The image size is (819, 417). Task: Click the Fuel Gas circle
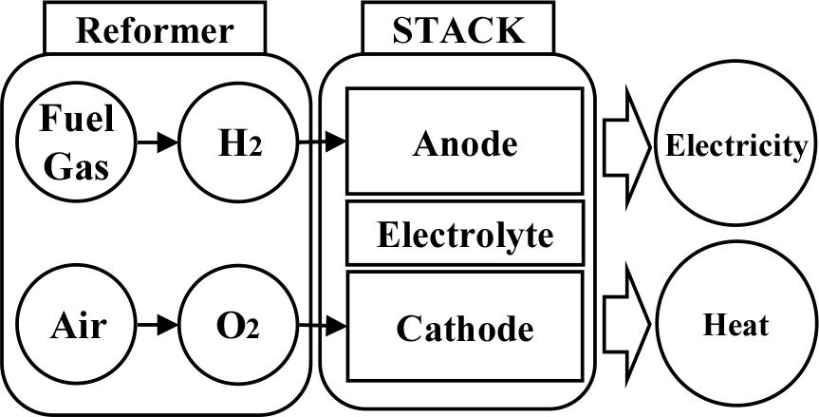click(77, 144)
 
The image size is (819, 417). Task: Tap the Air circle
click(77, 329)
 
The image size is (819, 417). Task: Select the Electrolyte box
click(464, 233)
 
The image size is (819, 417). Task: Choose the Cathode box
click(464, 329)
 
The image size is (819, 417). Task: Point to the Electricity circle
click(736, 146)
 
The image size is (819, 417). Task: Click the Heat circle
click(736, 327)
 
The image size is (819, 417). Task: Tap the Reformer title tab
click(155, 30)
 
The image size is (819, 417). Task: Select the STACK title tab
click(458, 30)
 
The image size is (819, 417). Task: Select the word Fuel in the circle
click(77, 123)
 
